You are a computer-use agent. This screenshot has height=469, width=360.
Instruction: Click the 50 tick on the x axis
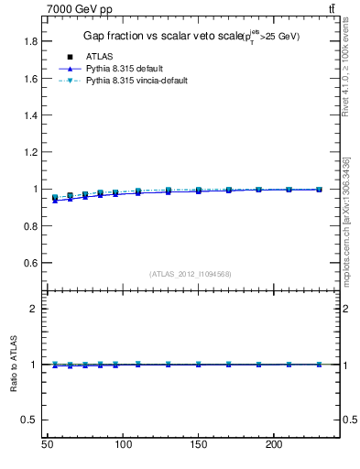(48, 444)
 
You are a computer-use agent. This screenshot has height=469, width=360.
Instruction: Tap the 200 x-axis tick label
(273, 444)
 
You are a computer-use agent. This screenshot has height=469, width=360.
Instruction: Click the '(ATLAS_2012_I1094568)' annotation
(191, 274)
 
